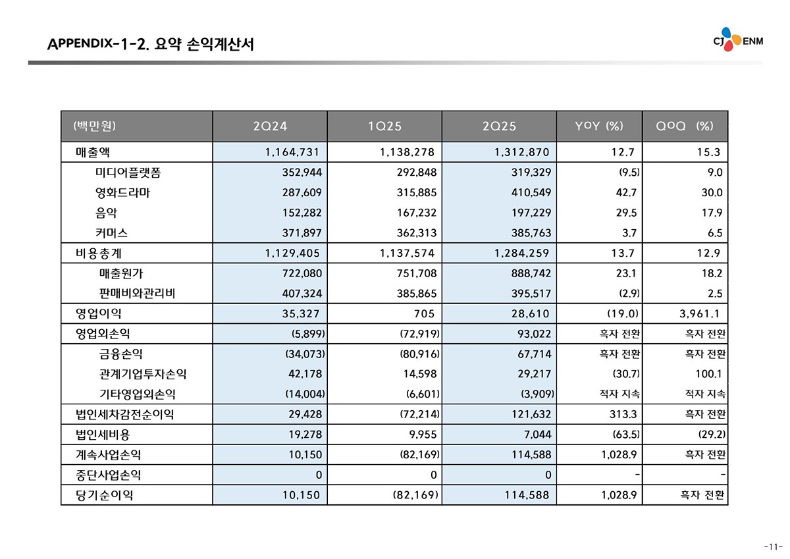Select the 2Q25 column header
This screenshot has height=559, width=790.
click(x=499, y=126)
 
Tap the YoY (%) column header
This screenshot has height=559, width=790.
click(x=598, y=126)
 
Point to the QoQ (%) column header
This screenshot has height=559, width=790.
click(x=685, y=126)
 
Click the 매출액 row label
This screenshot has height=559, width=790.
click(x=93, y=153)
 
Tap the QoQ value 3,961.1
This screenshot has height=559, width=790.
click(x=700, y=313)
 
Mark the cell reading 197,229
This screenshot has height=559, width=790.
click(x=530, y=213)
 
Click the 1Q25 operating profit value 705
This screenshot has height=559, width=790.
click(x=424, y=313)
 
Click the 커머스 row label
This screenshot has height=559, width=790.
click(x=111, y=233)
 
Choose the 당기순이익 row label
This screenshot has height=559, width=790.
click(x=105, y=495)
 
